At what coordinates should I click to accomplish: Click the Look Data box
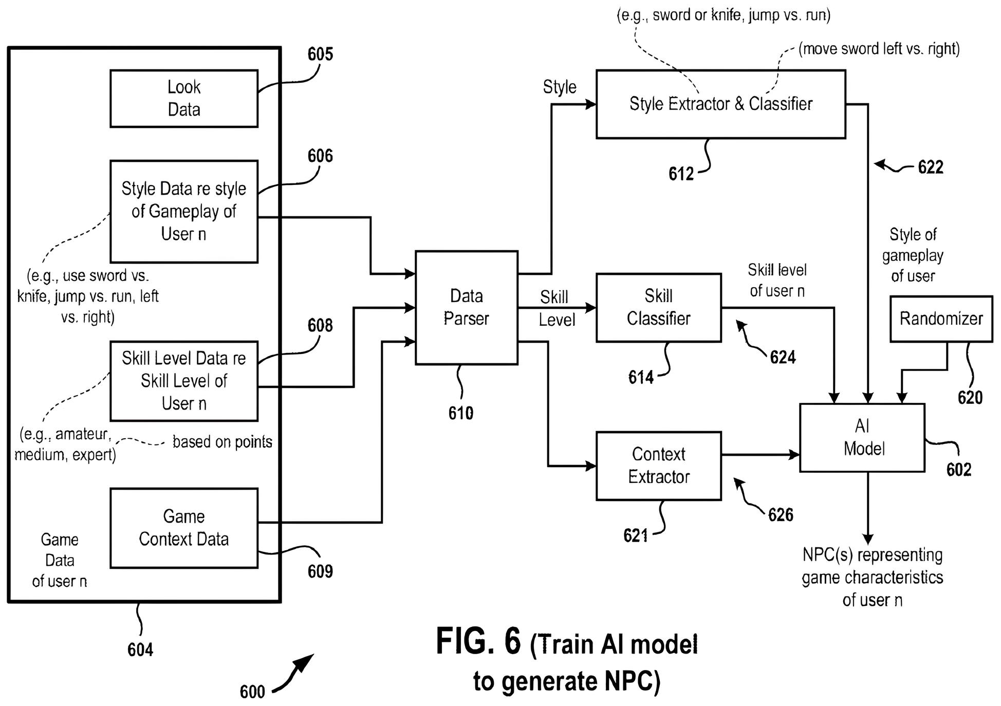tap(184, 99)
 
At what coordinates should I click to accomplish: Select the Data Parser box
tap(466, 307)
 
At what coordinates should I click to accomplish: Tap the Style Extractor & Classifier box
tap(720, 104)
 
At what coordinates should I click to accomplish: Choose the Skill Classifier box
tap(658, 307)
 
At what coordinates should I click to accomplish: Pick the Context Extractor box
tap(658, 466)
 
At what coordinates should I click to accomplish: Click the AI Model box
tap(862, 437)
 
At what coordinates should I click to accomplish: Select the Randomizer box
tap(941, 319)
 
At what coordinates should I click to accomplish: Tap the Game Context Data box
tap(184, 528)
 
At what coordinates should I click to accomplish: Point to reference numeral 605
tap(320, 54)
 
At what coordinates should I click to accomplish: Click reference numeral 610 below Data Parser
tap(460, 413)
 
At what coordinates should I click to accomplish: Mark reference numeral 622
tap(931, 168)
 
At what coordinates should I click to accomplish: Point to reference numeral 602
tap(958, 470)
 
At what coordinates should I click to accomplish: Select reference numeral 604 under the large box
tap(140, 650)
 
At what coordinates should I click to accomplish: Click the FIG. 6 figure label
tap(478, 642)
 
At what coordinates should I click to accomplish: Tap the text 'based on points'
tap(222, 442)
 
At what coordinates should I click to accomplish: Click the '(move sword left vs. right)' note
tap(879, 49)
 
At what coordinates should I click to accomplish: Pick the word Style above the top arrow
tap(560, 87)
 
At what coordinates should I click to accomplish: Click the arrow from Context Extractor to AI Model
tap(761, 455)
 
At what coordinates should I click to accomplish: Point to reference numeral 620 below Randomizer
tap(970, 398)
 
